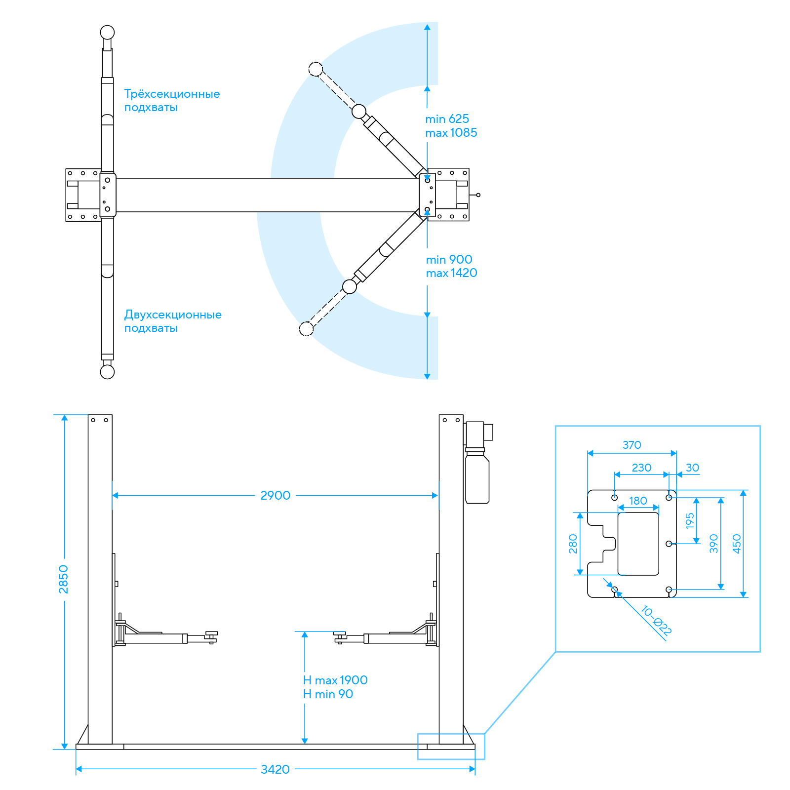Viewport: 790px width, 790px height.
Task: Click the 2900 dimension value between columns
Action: click(x=276, y=495)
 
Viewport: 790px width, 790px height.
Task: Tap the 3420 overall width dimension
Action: click(x=276, y=769)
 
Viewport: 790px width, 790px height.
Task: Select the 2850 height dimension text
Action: click(x=64, y=579)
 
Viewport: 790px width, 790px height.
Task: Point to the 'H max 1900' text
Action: click(x=335, y=680)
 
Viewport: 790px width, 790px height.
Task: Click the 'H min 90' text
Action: click(x=328, y=694)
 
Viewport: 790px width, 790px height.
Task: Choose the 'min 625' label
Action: click(x=447, y=119)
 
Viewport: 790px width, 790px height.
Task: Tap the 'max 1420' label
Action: click(x=452, y=273)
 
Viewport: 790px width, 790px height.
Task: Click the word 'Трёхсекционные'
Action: click(x=172, y=94)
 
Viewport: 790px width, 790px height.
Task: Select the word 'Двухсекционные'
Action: click(x=173, y=315)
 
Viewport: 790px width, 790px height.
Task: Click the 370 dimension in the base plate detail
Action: click(x=632, y=445)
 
